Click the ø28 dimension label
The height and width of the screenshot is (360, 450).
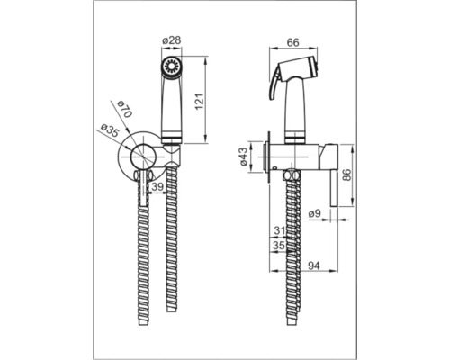(172, 40)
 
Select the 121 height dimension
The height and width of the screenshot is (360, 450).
(200, 102)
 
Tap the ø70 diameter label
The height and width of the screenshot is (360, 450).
(124, 110)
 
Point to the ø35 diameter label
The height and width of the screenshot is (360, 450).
(110, 130)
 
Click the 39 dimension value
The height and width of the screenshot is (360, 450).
(157, 186)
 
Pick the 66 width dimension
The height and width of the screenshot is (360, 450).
(293, 42)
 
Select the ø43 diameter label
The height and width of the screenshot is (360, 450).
(243, 157)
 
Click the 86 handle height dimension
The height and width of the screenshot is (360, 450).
(346, 175)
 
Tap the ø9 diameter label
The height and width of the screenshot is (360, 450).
(315, 213)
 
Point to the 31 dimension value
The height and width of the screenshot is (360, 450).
(280, 231)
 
